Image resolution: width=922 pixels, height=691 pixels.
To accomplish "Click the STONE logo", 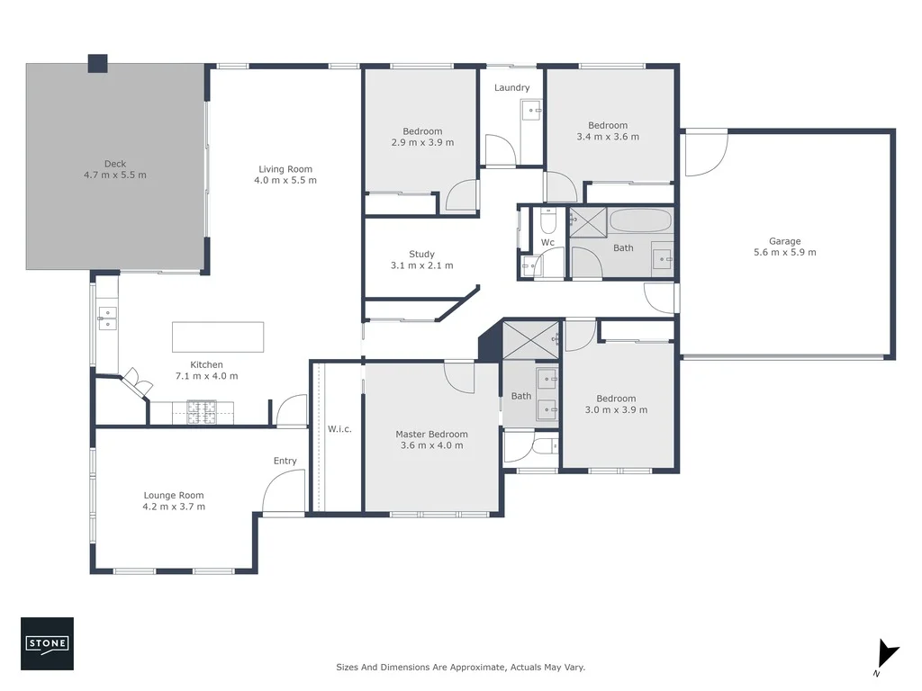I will tap(48, 643).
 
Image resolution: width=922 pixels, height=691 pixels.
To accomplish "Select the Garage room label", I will tap(784, 241).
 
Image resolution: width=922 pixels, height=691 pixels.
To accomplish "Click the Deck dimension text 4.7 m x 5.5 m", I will tap(114, 175).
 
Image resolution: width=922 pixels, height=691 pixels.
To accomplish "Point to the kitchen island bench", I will tap(218, 337).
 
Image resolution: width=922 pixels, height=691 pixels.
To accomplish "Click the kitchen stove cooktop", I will tap(203, 412).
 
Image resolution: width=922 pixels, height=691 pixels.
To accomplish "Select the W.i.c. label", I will tap(339, 429).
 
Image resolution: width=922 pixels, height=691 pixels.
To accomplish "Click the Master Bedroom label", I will tap(431, 435).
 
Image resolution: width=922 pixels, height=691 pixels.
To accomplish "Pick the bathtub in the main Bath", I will tap(640, 220).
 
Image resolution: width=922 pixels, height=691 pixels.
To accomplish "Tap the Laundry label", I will tap(511, 87).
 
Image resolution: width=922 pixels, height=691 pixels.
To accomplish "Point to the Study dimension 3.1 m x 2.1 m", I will tap(421, 265).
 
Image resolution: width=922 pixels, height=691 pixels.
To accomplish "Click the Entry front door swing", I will tap(280, 492).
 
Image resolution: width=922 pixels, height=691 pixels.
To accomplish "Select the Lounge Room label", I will tap(174, 495).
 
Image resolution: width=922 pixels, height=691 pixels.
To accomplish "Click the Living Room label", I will tap(285, 169).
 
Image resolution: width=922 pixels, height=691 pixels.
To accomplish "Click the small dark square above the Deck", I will tap(97, 63).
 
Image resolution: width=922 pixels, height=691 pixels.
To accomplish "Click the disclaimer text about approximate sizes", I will tap(460, 668).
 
